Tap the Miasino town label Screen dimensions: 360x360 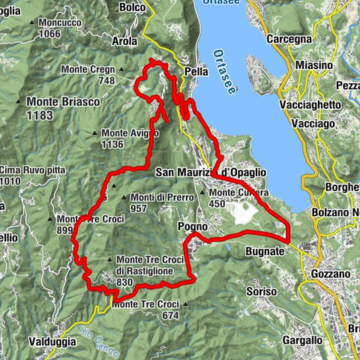tap(313, 65)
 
